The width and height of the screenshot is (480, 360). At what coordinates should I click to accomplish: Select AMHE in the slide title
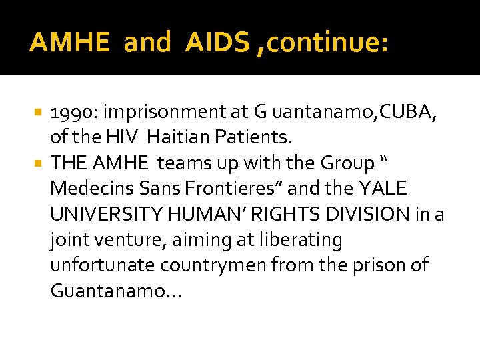click(70, 43)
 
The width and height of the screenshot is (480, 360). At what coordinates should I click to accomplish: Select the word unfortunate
click(99, 264)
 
